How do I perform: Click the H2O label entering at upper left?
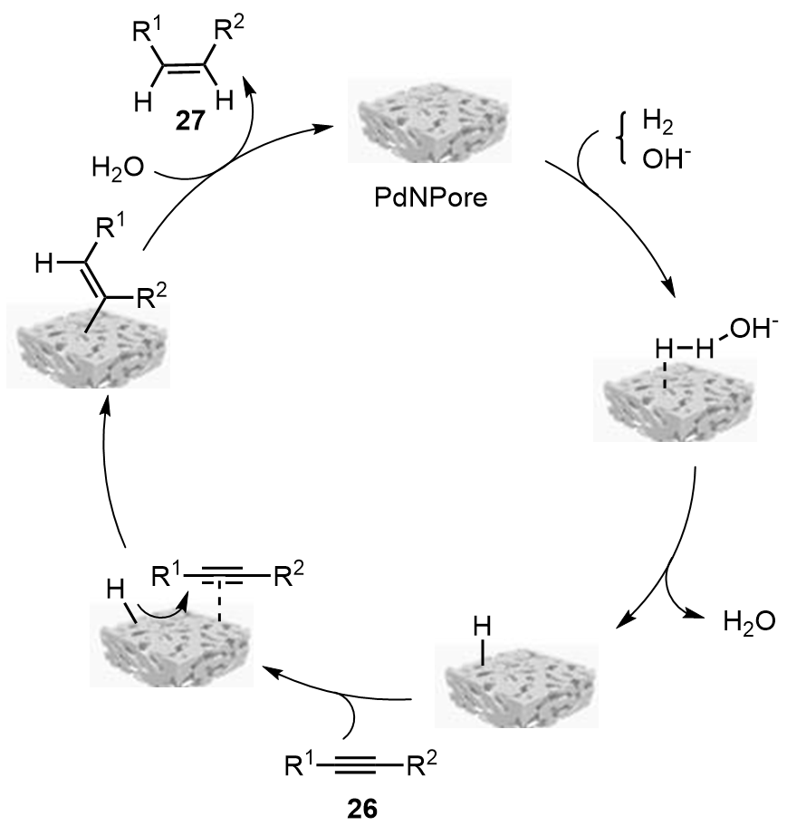click(120, 167)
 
